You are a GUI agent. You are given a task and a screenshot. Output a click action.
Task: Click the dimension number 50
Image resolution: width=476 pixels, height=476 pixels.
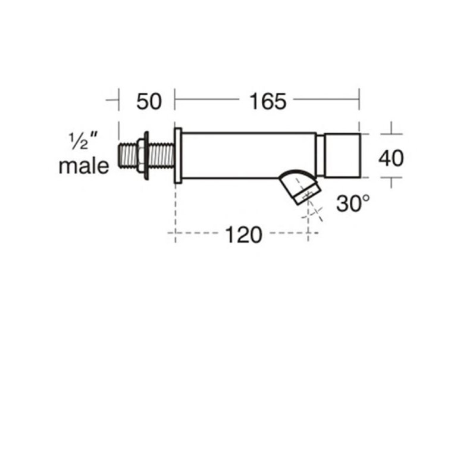coord(149,101)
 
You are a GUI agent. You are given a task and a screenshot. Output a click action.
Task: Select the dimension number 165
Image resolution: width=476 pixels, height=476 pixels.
coord(268,101)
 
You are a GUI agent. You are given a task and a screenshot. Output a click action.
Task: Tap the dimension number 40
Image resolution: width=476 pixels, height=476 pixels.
coord(391,158)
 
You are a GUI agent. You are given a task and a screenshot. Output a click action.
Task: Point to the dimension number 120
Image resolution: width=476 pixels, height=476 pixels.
coord(243,234)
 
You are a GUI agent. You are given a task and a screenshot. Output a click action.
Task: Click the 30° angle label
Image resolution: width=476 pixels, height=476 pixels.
coord(353,203)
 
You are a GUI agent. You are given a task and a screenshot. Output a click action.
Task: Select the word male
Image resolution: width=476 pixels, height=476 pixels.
coord(84,166)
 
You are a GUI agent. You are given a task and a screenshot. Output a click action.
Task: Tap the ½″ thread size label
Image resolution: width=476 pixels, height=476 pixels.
coord(83,141)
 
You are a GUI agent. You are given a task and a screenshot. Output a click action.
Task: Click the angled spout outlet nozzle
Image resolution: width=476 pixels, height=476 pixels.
coord(300,187)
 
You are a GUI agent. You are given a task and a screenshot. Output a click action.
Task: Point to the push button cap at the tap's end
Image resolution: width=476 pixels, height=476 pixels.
coord(343,155)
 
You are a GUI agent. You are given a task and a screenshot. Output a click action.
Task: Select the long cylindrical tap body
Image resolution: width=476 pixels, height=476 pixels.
coord(249,155)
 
